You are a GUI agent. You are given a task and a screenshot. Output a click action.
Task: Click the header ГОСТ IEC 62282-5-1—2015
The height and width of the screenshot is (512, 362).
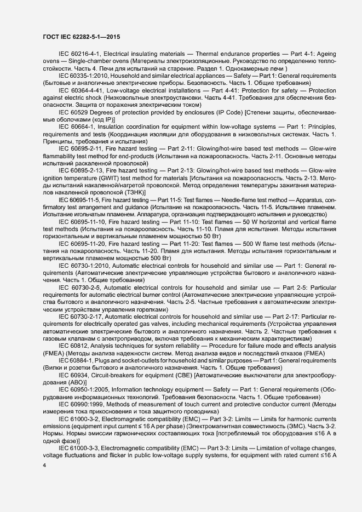(x=82, y=37)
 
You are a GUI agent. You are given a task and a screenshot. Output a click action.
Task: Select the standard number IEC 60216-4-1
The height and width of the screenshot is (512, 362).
(x=80, y=55)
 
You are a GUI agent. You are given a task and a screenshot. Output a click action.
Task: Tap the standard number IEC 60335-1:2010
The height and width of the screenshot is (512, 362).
(x=84, y=74)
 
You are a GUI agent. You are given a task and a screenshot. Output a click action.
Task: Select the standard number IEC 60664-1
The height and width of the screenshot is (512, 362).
(x=78, y=126)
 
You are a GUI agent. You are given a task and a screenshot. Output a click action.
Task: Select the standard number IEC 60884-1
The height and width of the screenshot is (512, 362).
(x=77, y=360)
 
